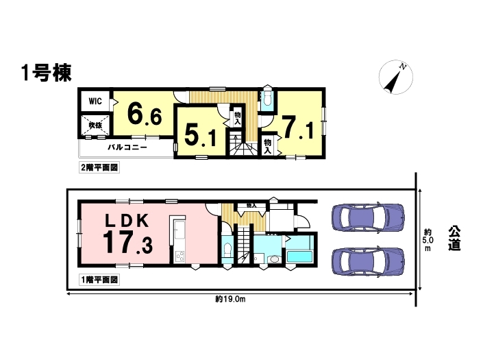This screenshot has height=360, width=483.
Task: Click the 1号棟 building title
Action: pos(47,73)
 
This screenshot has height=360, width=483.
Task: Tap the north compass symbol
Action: pos(395,77)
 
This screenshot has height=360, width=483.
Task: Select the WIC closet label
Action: pos(95,101)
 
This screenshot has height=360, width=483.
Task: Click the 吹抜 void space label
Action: pos(95,125)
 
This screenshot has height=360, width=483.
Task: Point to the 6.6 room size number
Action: pos(145,113)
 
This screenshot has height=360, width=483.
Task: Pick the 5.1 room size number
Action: pos(201,136)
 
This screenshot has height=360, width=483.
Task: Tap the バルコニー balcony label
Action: pos(127,147)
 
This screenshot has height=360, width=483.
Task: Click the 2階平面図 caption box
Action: pos(99,168)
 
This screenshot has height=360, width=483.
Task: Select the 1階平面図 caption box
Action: pos(99,280)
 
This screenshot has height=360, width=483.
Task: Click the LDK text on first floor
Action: pos(127,220)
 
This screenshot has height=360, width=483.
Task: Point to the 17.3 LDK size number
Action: pos(127,243)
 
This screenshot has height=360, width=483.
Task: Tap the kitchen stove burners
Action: pos(179,256)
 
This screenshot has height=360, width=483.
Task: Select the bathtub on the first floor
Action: pos(299,256)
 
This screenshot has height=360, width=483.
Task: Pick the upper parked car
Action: pos(368,217)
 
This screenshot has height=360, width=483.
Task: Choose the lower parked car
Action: pos(368,261)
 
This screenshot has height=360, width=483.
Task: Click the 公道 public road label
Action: pos(454,239)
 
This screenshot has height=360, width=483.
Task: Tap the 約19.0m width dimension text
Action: pos(230,299)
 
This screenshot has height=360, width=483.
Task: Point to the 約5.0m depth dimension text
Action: pos(428,240)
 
